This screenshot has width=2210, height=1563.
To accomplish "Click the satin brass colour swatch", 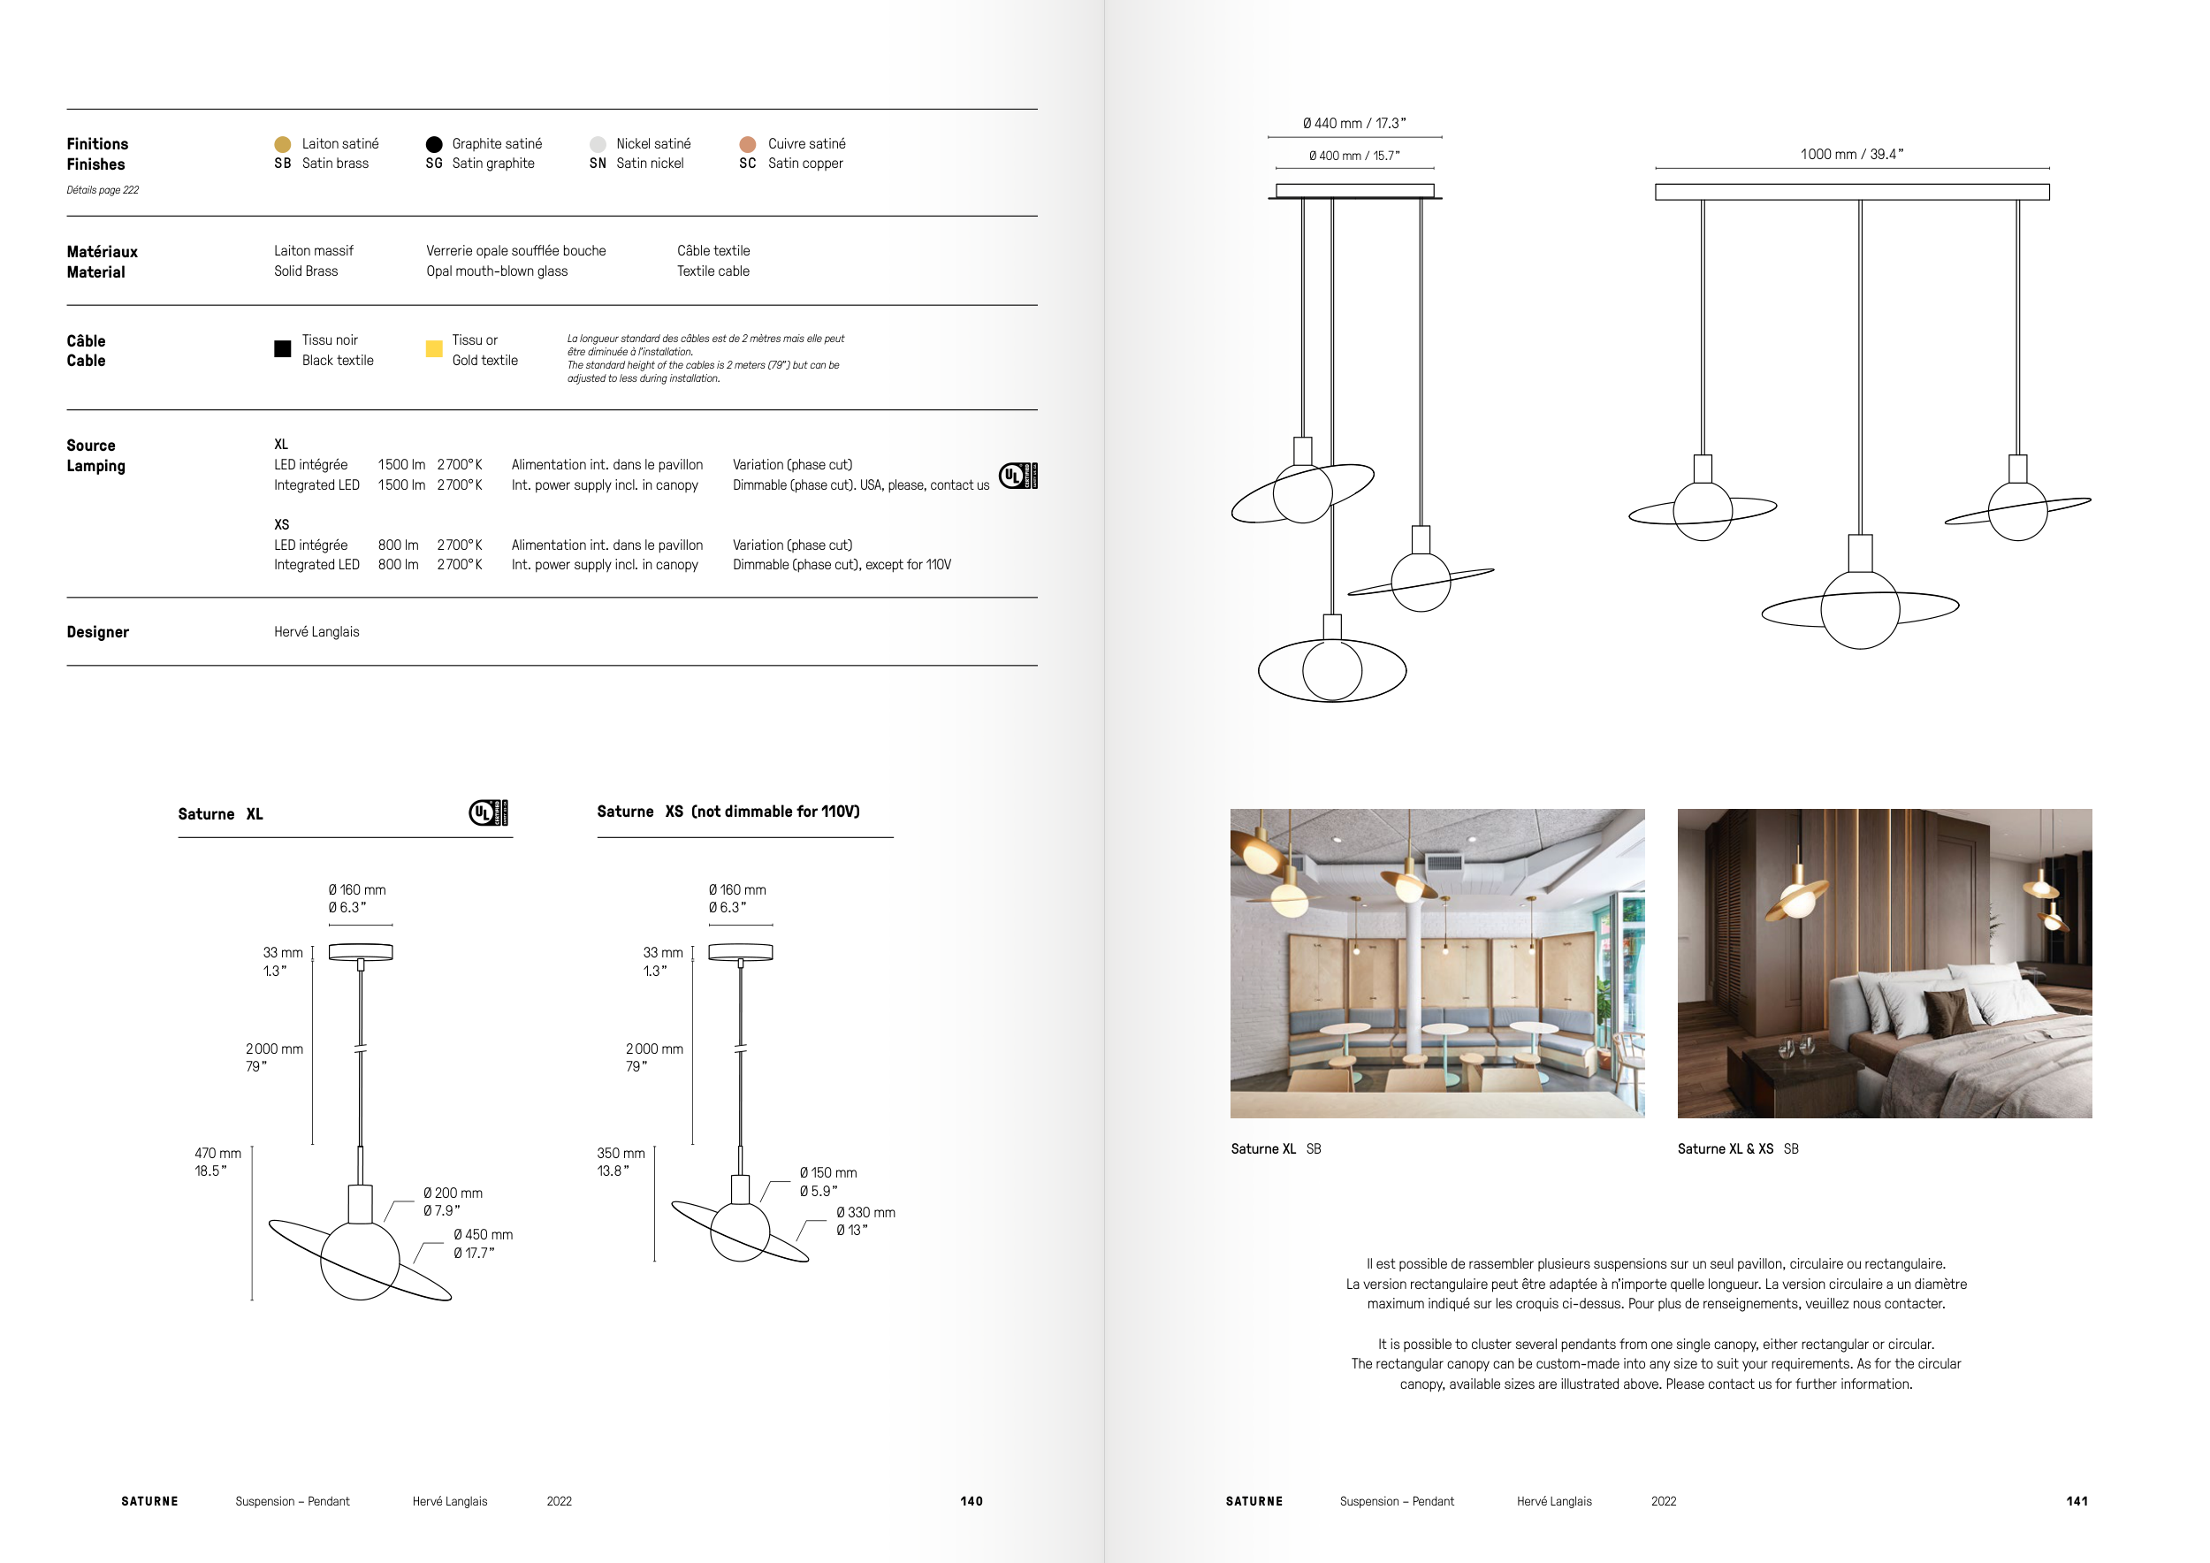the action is (x=282, y=144).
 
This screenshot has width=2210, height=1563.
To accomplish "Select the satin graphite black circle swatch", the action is (x=434, y=144).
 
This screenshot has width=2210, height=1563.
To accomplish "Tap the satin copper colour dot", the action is (x=748, y=144).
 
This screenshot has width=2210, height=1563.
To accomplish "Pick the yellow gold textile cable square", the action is (x=434, y=348).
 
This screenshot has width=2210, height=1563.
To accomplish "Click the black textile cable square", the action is (x=282, y=348).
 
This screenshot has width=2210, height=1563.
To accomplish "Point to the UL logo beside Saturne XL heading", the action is (x=489, y=813).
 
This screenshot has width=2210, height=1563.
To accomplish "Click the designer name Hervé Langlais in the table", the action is (x=316, y=632).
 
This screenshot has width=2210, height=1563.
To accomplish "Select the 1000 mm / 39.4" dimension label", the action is (x=1852, y=154).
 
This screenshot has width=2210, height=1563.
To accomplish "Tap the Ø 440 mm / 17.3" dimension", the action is (x=1354, y=123).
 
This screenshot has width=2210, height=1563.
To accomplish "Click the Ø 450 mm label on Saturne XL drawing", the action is (x=484, y=1235).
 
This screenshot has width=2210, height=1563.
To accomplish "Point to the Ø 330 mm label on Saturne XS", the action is (x=865, y=1213).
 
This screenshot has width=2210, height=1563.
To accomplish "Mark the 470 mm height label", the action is (x=217, y=1153).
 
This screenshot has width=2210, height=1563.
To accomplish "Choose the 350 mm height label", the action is (x=621, y=1153).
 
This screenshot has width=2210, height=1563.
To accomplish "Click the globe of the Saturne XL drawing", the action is (x=360, y=1261).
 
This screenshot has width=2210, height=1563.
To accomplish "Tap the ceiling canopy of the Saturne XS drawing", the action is (x=740, y=952).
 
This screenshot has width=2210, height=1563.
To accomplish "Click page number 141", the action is (x=2077, y=1501).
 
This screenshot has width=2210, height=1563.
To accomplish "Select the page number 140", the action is (x=972, y=1501).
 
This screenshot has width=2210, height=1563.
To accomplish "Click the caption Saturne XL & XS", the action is (x=1725, y=1149).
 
